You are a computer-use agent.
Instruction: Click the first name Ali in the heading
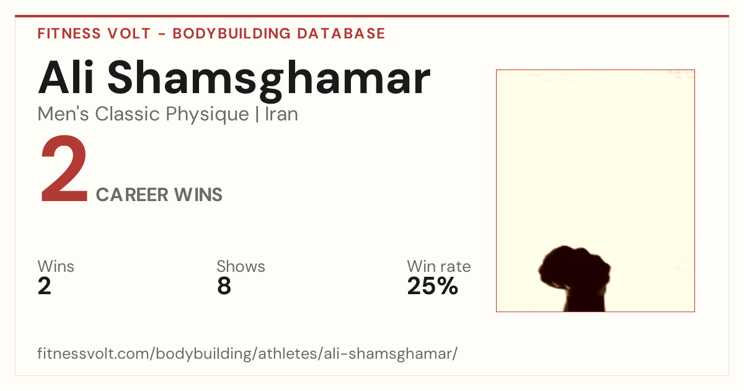66,77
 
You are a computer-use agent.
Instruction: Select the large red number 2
64,168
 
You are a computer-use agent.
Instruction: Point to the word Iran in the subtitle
281,114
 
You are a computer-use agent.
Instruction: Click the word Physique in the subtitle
207,115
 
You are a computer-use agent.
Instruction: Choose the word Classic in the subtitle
128,114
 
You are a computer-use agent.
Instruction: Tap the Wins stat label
56,266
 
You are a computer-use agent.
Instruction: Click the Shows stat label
241,266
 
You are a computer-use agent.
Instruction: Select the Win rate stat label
439,266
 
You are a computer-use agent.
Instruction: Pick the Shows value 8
224,286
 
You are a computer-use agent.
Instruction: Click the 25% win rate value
433,286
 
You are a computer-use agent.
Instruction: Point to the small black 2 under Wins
45,286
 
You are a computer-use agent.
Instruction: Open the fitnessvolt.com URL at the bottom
247,354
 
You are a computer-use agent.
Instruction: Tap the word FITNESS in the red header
69,34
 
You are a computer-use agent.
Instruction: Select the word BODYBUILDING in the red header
232,34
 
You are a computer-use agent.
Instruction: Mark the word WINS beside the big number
198,195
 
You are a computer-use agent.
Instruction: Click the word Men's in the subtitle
63,114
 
